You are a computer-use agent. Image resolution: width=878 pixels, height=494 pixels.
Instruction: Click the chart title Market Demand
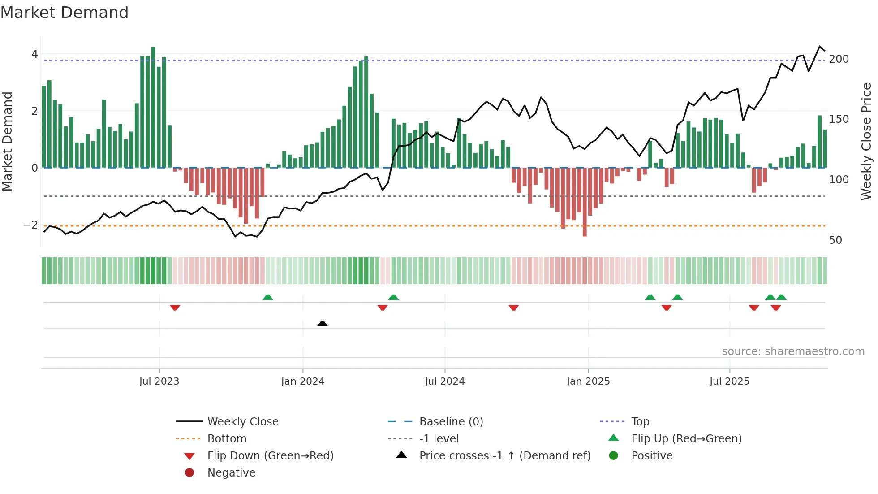pos(65,13)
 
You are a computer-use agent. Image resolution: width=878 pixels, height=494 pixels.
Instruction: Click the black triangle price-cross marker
pos(322,323)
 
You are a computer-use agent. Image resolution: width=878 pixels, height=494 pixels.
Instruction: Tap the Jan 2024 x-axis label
pos(302,381)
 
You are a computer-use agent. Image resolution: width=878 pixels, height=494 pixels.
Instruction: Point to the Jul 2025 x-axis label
pos(729,381)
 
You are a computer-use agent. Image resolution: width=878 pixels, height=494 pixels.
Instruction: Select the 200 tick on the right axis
pos(839,59)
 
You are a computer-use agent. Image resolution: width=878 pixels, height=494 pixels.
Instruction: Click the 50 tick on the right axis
pos(835,240)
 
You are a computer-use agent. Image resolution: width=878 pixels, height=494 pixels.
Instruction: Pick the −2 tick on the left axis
pos(30,225)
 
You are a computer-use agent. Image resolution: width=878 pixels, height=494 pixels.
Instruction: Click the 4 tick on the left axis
pos(34,54)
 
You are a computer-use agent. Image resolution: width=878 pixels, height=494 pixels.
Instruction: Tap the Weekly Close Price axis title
pos(866,141)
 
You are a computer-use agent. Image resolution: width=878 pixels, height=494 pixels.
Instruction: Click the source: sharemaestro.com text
pos(793,351)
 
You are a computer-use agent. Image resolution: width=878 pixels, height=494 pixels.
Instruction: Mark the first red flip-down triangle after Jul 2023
pos(175,308)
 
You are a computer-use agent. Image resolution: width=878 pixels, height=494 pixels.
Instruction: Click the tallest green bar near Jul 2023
pos(153,108)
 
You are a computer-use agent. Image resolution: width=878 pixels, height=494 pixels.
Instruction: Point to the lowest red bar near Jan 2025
pos(585,202)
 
